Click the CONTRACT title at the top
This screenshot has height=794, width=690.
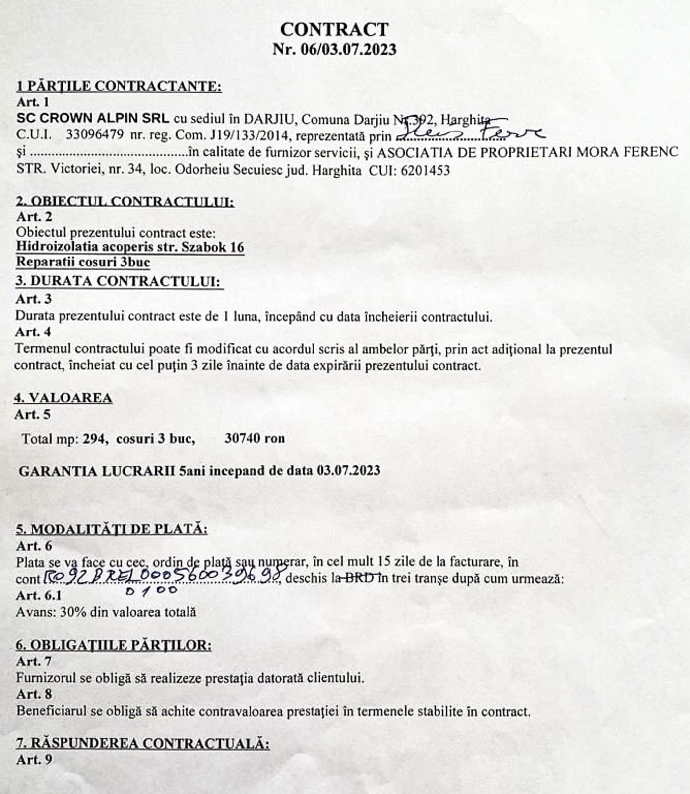point(334,29)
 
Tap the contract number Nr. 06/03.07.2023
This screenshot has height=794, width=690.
point(334,50)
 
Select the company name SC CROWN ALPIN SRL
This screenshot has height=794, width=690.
point(93,119)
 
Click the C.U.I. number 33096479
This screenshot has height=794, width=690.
point(95,135)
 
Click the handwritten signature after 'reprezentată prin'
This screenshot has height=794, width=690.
point(469,132)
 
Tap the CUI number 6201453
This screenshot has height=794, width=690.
point(425,170)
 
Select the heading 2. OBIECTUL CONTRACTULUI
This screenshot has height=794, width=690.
point(125,201)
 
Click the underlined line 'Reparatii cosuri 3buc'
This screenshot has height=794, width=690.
point(83,262)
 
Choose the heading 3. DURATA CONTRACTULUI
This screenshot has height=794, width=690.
point(119,281)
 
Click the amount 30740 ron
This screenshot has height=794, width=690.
point(254,438)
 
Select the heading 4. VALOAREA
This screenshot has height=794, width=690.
point(63,398)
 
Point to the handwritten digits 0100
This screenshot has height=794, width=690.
point(151,591)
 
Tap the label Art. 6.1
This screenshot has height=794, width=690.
point(39,595)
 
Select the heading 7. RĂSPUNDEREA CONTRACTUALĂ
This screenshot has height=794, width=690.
point(143,743)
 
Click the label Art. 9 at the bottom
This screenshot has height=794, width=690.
point(34,760)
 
